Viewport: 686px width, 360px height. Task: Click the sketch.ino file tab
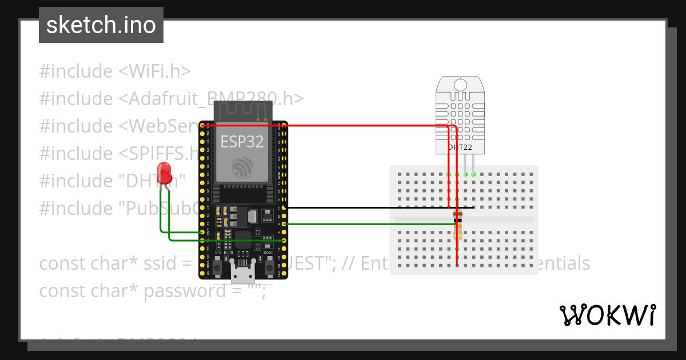pos(101,25)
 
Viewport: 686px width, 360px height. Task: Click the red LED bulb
pos(165,172)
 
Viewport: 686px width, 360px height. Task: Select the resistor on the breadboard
pos(457,225)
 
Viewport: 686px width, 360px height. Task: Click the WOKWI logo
pos(607,315)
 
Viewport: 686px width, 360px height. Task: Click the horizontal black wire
pos(366,207)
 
